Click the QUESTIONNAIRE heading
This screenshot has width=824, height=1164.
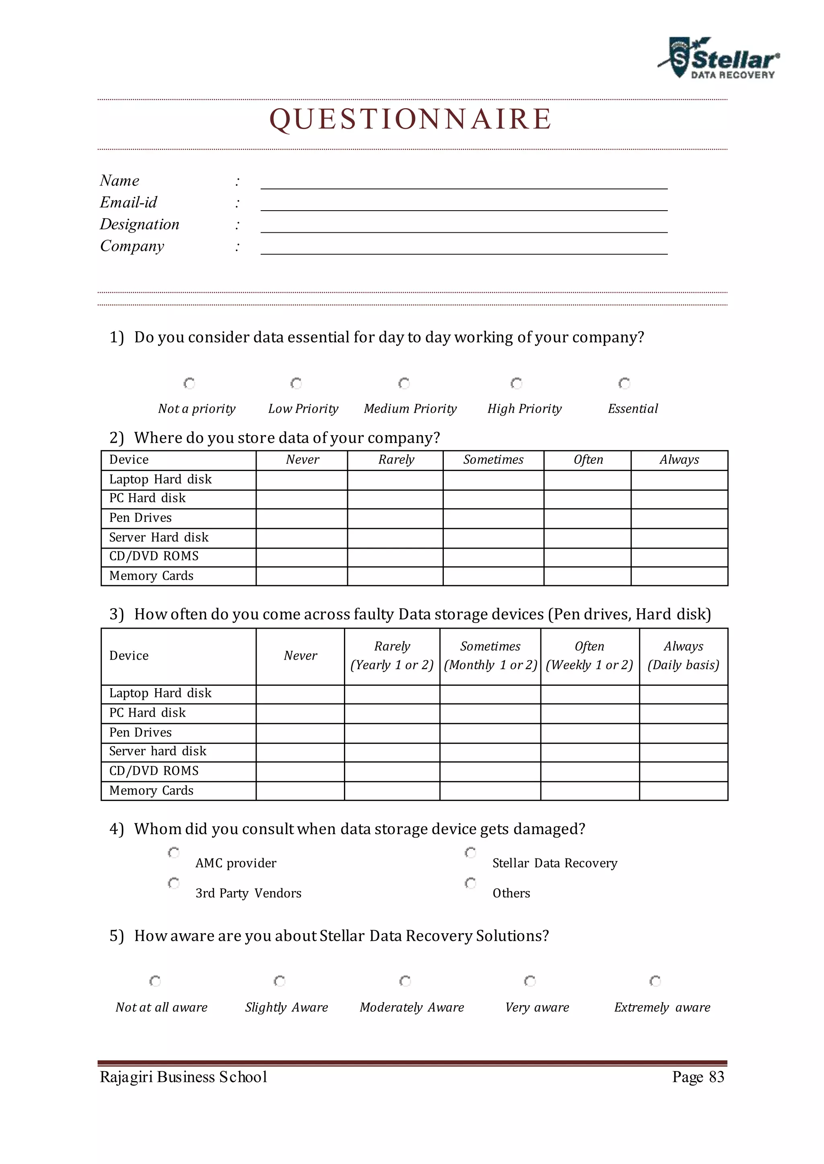410,120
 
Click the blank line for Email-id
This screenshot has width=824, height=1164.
464,204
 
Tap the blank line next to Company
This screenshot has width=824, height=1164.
464,248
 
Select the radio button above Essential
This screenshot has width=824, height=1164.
624,383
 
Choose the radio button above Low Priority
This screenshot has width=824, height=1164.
296,383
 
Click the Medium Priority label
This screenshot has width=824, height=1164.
410,409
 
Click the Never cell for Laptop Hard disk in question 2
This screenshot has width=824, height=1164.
301,480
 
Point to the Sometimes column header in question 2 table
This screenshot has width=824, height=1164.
493,460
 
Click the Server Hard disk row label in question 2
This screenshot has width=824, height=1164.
159,537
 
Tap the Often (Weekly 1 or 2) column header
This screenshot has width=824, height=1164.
589,656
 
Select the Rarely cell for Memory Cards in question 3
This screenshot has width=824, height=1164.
392,791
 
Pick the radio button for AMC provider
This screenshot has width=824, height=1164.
173,853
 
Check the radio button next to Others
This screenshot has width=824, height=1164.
470,883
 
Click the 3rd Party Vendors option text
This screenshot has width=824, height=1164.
248,893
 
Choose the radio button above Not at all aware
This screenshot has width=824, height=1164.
155,981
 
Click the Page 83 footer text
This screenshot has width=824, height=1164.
698,1077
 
